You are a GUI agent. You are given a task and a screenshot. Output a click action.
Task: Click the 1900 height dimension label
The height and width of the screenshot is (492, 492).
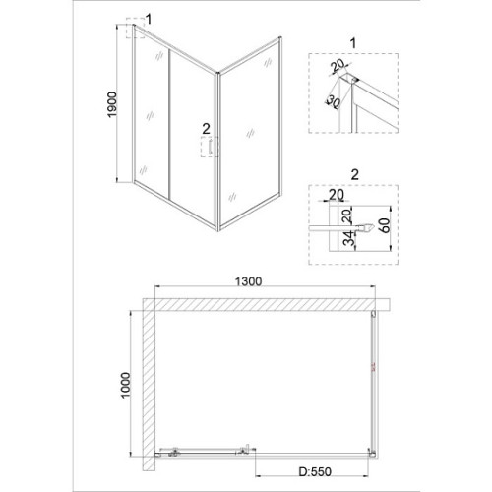[112, 104]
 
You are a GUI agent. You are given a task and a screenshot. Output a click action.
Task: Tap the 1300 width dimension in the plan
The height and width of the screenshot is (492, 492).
[249, 281]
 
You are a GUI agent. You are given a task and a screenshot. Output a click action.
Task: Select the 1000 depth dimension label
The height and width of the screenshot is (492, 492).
[125, 385]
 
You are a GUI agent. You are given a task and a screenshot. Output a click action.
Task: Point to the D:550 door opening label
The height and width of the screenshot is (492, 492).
[315, 471]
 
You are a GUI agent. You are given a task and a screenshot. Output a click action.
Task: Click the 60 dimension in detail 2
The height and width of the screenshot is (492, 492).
[386, 225]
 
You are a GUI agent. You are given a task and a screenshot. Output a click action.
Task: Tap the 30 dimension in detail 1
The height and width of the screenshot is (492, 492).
[333, 102]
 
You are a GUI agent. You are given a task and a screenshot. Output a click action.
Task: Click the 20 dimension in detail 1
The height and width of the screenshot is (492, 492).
[338, 65]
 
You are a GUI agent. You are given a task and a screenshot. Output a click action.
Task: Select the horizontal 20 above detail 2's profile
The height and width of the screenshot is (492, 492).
[337, 195]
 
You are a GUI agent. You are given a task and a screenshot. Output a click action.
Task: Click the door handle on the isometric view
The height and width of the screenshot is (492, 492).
[210, 147]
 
